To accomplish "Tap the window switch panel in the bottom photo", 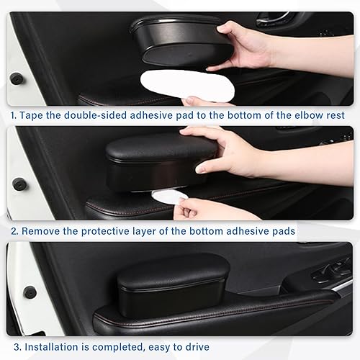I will pyautogui.click(x=331, y=272).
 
